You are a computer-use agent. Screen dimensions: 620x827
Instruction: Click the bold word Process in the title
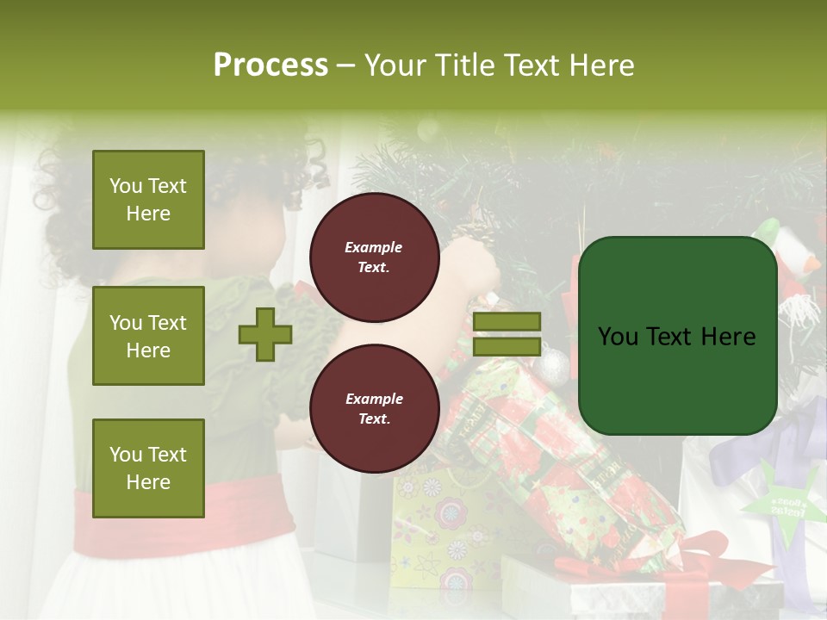click(270, 65)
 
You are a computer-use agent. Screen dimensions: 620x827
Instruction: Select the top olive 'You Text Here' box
click(148, 200)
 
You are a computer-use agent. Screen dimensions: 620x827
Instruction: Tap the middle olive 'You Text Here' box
click(148, 336)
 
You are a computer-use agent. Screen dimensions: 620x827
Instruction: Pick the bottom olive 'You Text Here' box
click(148, 468)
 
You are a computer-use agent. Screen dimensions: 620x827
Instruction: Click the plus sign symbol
click(265, 335)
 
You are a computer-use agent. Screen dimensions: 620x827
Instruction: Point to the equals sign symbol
click(507, 334)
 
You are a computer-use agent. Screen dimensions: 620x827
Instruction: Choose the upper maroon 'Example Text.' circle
click(374, 257)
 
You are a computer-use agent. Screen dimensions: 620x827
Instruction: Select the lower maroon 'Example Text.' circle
click(374, 409)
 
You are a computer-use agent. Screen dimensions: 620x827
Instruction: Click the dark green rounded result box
click(677, 336)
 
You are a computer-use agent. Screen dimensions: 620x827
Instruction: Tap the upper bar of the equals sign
click(507, 322)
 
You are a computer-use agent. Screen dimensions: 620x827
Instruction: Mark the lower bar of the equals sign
click(507, 347)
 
